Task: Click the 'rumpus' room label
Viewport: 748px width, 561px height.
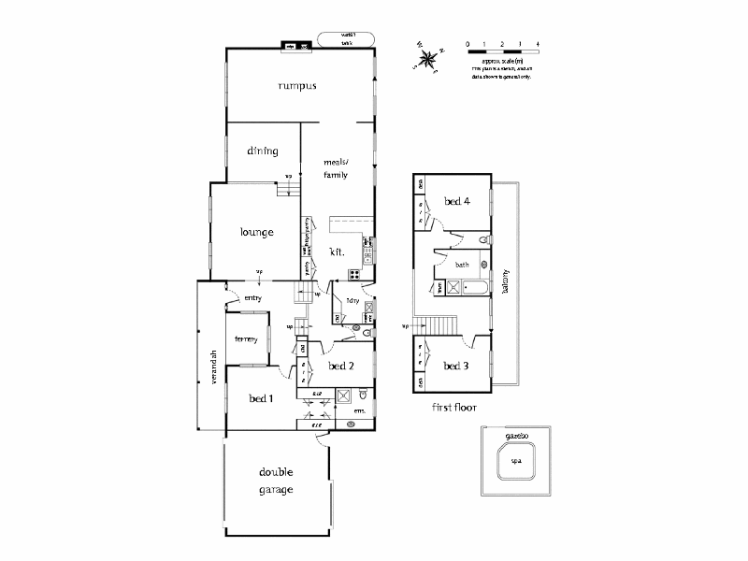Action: point(297,86)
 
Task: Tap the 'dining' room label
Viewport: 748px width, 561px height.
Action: point(263,150)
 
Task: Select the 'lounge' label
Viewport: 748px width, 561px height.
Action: point(256,232)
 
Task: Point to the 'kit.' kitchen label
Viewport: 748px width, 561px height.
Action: point(338,252)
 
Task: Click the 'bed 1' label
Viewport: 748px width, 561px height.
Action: point(261,398)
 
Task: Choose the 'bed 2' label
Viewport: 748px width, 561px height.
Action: point(340,366)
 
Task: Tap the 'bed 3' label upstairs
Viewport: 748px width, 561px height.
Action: point(455,366)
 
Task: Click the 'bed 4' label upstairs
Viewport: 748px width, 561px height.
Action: point(455,200)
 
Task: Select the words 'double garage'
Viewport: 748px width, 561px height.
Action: point(277,481)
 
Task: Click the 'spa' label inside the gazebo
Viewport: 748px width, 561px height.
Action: point(515,461)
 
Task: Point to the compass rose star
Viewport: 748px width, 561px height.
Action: point(428,62)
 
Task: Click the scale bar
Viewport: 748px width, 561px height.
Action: point(502,44)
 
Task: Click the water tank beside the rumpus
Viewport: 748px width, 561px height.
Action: point(346,38)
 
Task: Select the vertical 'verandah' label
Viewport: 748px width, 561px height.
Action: point(214,366)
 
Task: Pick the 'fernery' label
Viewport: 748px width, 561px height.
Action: point(246,338)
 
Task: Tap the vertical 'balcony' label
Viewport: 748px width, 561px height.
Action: point(506,278)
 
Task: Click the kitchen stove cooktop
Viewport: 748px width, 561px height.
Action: point(354,274)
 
